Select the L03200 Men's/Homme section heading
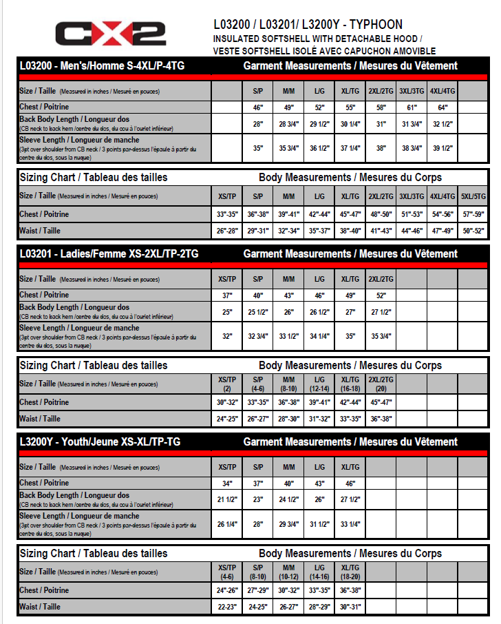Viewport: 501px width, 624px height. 102,66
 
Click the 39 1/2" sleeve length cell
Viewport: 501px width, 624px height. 443,148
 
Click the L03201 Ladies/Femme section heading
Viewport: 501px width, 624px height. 109,254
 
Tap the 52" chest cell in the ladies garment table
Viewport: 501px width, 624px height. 380,295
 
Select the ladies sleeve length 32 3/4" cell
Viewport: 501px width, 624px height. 258,336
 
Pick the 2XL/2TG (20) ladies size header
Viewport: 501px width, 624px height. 380,384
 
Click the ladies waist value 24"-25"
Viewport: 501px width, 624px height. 227,419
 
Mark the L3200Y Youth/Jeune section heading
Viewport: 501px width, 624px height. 100,442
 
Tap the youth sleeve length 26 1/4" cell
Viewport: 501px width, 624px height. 227,524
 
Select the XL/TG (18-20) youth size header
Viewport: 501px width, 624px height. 350,571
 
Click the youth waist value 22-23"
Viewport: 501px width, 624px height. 227,607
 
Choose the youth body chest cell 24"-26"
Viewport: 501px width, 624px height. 227,590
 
